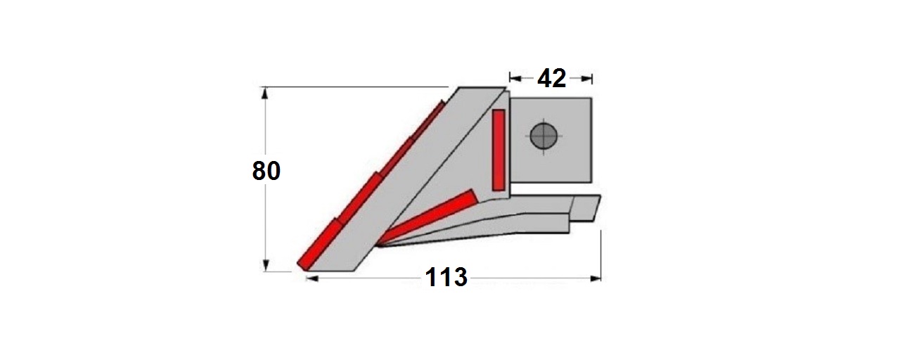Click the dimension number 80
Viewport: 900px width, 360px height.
[266, 170]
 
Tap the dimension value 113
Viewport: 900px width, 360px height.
[446, 277]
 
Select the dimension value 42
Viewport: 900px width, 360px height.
[552, 78]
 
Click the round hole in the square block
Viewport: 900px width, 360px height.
[544, 136]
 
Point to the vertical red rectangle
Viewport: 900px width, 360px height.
[499, 150]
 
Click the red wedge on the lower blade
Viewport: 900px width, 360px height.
[428, 217]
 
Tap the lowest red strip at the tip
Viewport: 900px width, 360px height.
[319, 244]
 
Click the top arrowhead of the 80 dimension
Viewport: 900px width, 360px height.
[264, 94]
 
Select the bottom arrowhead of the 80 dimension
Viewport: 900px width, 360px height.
[265, 265]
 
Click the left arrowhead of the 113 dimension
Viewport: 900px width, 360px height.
[312, 278]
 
